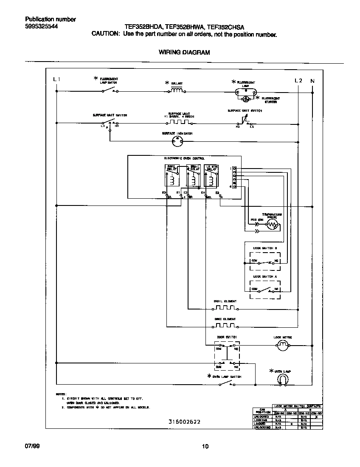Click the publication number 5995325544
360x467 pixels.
point(41,26)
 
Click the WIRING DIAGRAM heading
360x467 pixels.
point(184,53)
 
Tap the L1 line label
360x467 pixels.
point(57,80)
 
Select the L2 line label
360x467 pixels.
point(298,81)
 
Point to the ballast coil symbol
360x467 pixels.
point(177,90)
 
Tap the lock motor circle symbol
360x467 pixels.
point(283,347)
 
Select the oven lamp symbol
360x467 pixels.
point(283,379)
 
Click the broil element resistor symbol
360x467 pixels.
point(225,308)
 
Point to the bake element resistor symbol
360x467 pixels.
point(225,326)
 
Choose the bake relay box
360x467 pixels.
point(172,175)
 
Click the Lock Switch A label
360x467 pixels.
point(265,276)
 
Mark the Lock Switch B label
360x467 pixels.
point(265,248)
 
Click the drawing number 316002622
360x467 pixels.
point(184,422)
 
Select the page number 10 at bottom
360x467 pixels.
point(205,446)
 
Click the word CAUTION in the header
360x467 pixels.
point(106,34)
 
